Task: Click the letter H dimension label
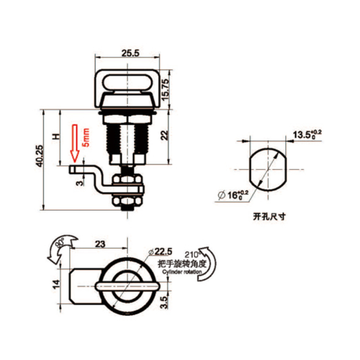click(x=56, y=137)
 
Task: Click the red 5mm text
click(x=86, y=137)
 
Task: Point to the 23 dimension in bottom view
click(x=99, y=243)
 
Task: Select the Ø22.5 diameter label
click(x=160, y=252)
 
